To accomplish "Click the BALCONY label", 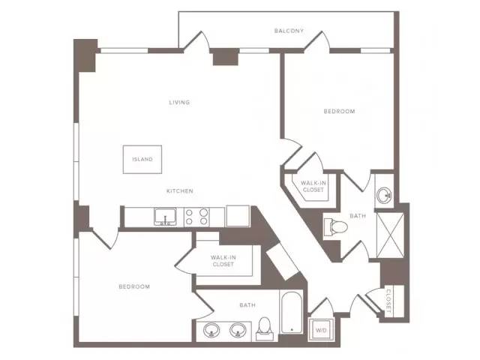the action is point(289,31).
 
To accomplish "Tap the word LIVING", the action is point(179,102).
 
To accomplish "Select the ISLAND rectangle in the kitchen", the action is point(142,160).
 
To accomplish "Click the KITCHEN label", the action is point(180,191).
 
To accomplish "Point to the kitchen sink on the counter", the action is point(165,217).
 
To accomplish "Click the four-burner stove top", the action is point(196,217).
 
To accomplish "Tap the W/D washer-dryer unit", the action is point(321,330).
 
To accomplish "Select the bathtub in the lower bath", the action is point(291,313).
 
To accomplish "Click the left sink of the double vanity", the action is point(211,330).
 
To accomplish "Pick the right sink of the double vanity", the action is point(238,330).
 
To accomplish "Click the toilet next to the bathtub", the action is point(264,329).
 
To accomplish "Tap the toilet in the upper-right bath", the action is point(335,226).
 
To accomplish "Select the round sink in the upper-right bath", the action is point(384,194).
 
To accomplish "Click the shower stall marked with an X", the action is point(390,235).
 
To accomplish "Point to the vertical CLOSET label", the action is point(388,301).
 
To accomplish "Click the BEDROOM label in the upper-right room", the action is point(339,112).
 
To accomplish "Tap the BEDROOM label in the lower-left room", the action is point(134,286).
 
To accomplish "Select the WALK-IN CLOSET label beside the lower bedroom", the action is point(223,261).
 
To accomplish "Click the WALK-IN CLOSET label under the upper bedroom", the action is point(313,187).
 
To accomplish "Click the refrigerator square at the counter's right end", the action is point(238,216).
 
